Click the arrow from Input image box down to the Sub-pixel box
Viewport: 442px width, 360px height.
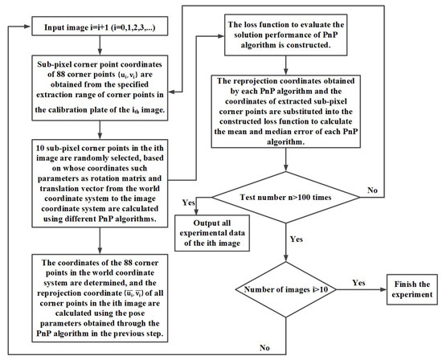point(100,47)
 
